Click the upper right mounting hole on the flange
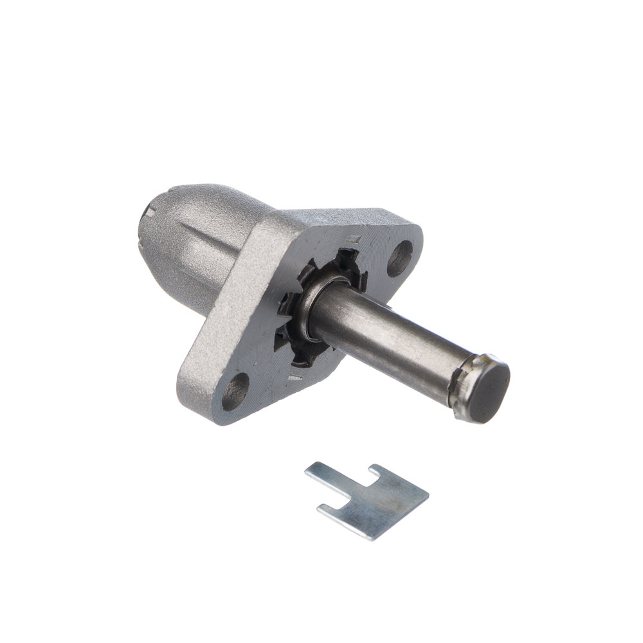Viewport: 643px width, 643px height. [399, 257]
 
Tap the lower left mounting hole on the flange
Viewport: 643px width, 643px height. [235, 391]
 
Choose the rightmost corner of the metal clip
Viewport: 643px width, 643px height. [428, 494]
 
